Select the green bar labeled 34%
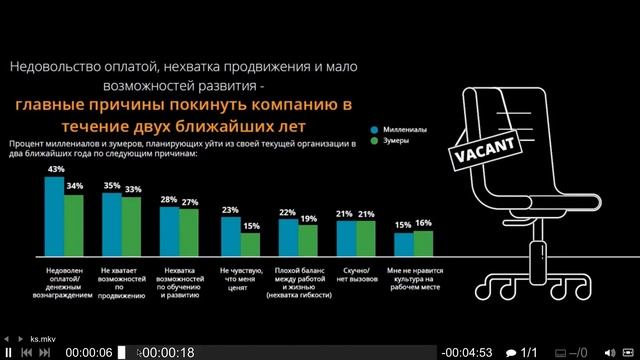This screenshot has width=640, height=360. [x=74, y=224]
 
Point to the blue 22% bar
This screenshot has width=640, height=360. [x=288, y=236]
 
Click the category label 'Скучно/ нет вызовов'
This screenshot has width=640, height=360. [x=356, y=275]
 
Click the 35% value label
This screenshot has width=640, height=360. [x=112, y=185]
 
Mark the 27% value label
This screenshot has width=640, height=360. [x=190, y=202]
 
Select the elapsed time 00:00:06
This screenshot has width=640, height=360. [x=88, y=352]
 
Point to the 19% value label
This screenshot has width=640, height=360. [x=307, y=218]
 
